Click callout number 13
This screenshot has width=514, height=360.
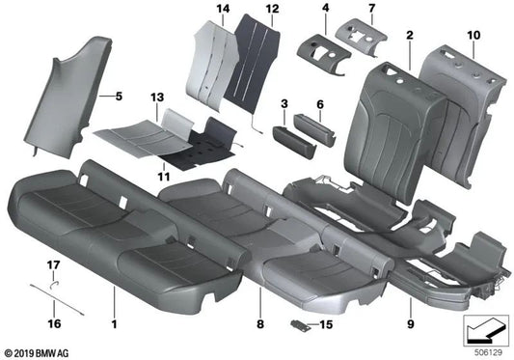pyautogui.click(x=158, y=98)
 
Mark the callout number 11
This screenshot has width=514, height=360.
pyautogui.click(x=162, y=178)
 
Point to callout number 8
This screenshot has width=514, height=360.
pyautogui.click(x=260, y=314)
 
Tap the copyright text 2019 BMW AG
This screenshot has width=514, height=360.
pyautogui.click(x=38, y=353)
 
